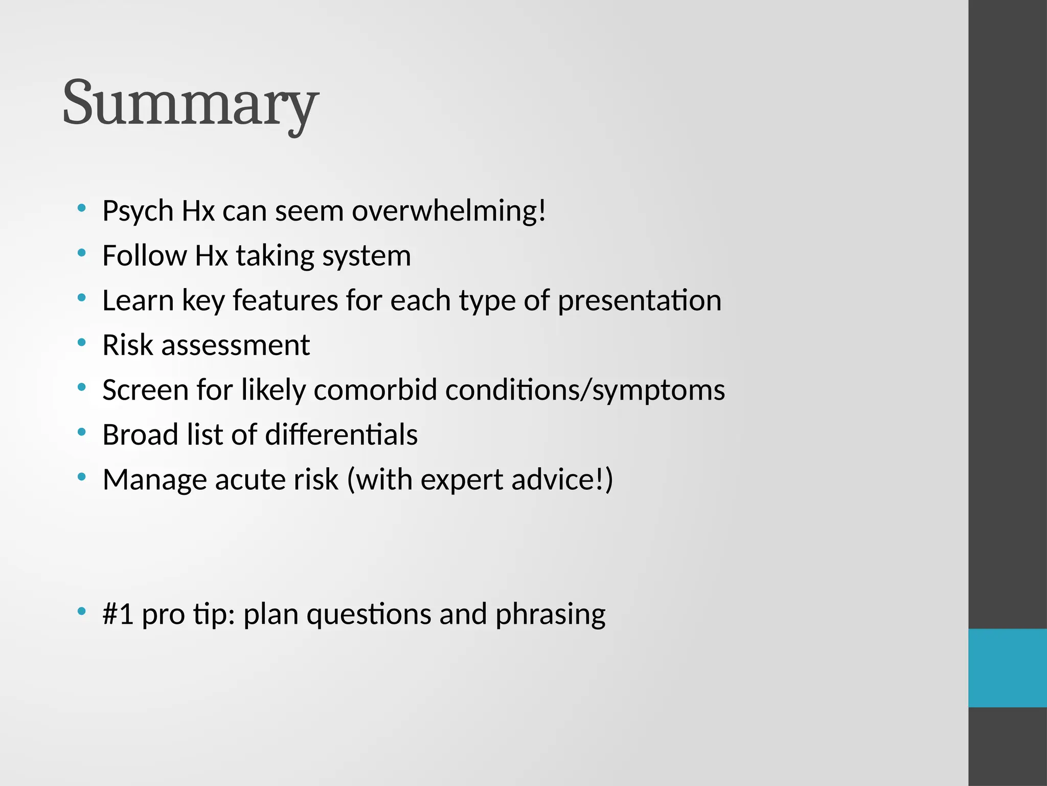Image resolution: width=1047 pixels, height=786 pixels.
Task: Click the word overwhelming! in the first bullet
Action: click(x=449, y=211)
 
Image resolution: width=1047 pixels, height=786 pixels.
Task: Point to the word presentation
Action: click(x=639, y=300)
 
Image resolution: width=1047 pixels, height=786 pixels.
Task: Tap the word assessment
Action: click(x=235, y=345)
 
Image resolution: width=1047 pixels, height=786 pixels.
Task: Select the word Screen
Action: click(x=145, y=390)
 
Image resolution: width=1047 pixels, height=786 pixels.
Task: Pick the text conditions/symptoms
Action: click(x=585, y=390)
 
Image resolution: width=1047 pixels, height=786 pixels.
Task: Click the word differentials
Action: click(x=341, y=435)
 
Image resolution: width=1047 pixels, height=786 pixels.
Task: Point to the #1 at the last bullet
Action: click(x=118, y=614)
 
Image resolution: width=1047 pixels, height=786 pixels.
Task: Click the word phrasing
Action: click(x=550, y=614)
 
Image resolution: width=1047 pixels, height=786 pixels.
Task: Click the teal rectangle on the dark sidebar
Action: click(x=1007, y=668)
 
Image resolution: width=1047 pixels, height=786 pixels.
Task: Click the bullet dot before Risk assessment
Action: click(x=81, y=342)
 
